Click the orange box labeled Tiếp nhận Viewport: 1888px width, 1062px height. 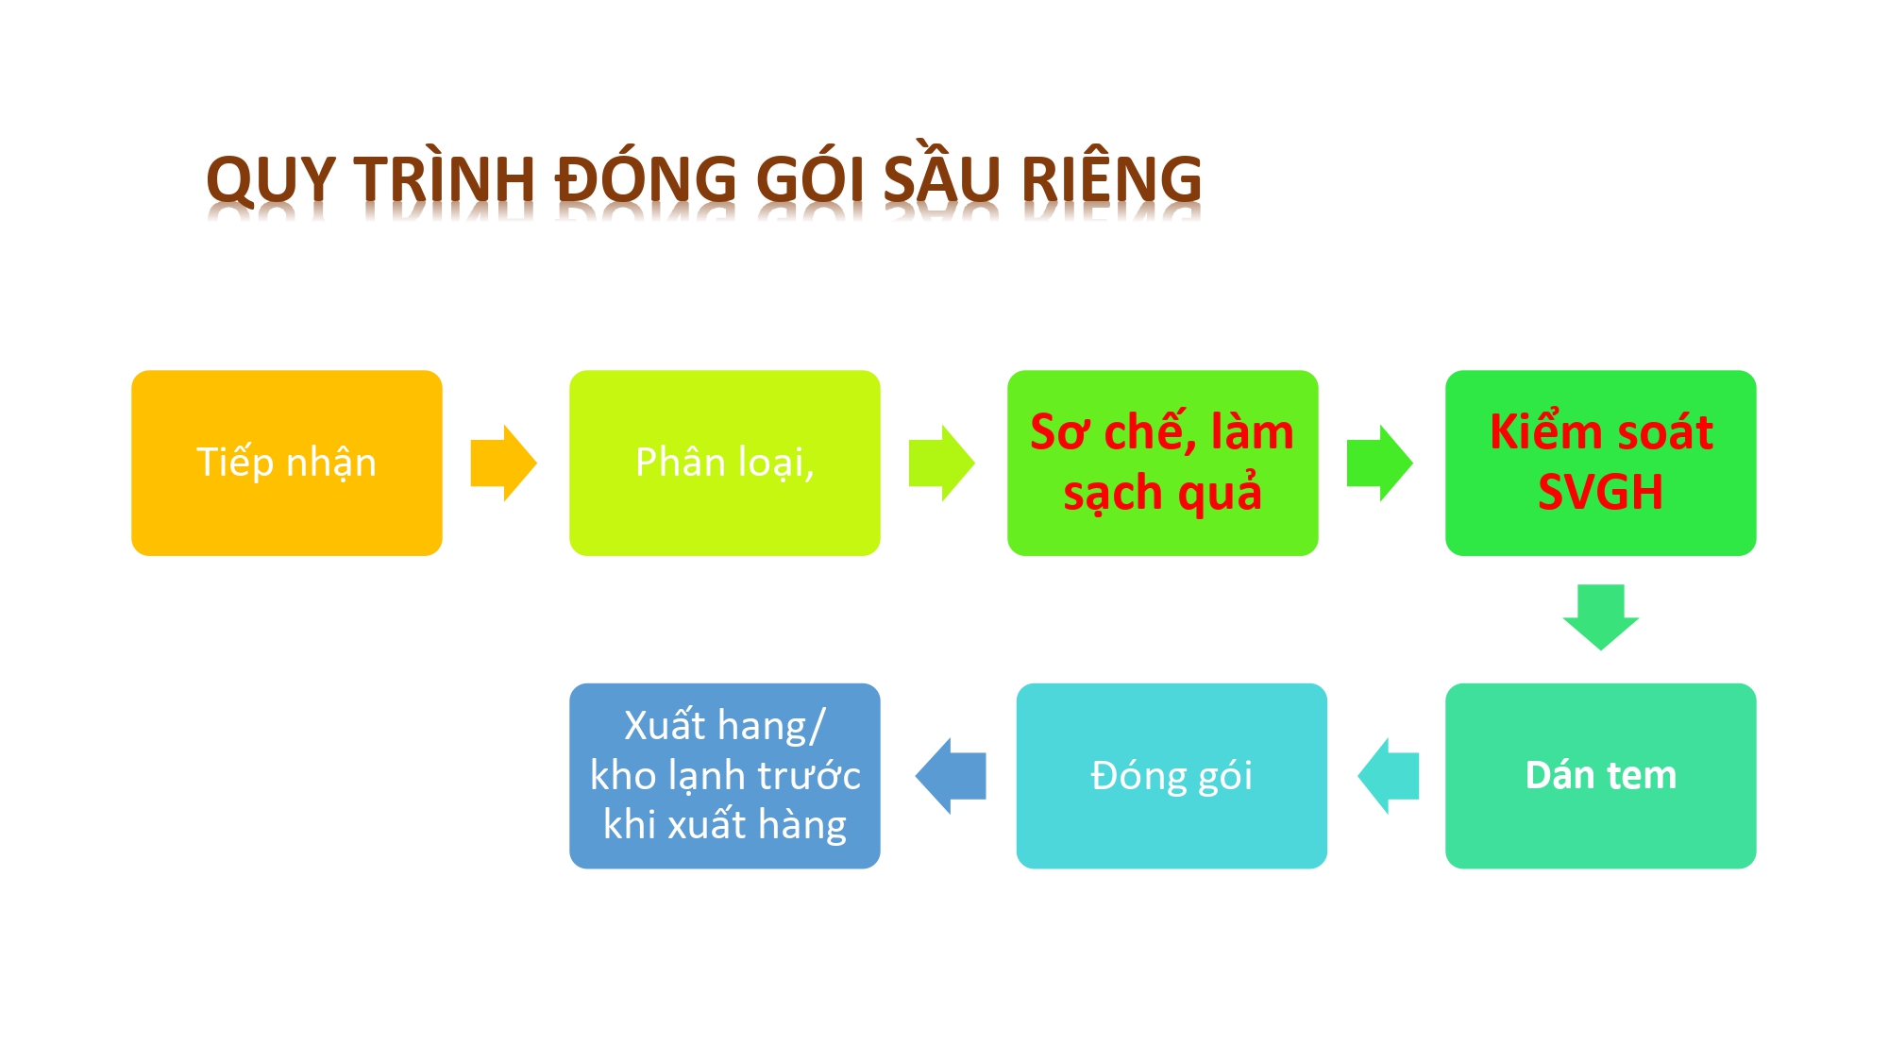pyautogui.click(x=287, y=463)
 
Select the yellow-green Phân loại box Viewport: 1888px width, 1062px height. pyautogui.click(x=725, y=463)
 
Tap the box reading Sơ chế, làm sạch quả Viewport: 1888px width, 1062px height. pyautogui.click(x=1163, y=463)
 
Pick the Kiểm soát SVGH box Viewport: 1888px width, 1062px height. pyautogui.click(x=1601, y=463)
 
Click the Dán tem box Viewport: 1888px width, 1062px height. pyautogui.click(x=1601, y=776)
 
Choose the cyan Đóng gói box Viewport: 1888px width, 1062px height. pyautogui.click(x=1172, y=776)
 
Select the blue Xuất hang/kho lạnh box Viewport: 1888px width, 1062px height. pyautogui.click(x=725, y=776)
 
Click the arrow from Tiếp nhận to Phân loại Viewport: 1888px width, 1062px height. pyautogui.click(x=504, y=463)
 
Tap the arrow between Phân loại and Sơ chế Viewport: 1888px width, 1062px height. pyautogui.click(x=942, y=463)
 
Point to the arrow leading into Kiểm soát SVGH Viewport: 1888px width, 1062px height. pyautogui.click(x=1380, y=463)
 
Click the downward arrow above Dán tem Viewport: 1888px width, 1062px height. pyautogui.click(x=1601, y=617)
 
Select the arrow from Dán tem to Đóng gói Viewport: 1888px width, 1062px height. pyautogui.click(x=1389, y=776)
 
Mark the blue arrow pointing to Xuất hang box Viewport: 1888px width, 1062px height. pyautogui.click(x=951, y=776)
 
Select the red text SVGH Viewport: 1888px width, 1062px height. pyautogui.click(x=1601, y=492)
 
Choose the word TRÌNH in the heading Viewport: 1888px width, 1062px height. pyautogui.click(x=446, y=177)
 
